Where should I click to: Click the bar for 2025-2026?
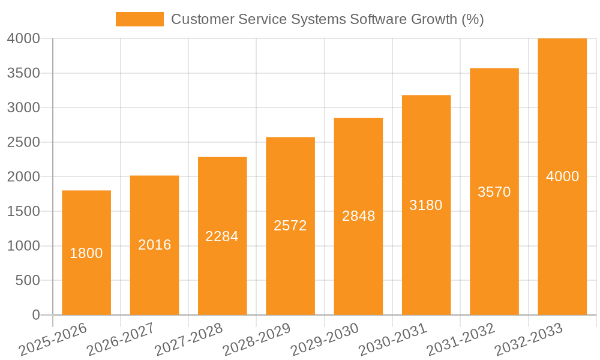click(86, 282)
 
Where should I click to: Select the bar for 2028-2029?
click(290, 270)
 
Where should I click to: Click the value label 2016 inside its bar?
click(155, 245)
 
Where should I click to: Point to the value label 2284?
click(222, 236)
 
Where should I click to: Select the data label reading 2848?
click(358, 216)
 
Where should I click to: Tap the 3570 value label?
click(494, 192)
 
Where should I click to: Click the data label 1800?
click(86, 253)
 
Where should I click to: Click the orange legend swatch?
click(139, 19)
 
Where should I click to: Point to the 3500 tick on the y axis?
click(23, 73)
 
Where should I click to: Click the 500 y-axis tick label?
click(28, 280)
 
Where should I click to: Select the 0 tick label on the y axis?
click(36, 315)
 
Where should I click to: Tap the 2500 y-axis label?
click(23, 142)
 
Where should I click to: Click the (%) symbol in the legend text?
click(472, 19)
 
